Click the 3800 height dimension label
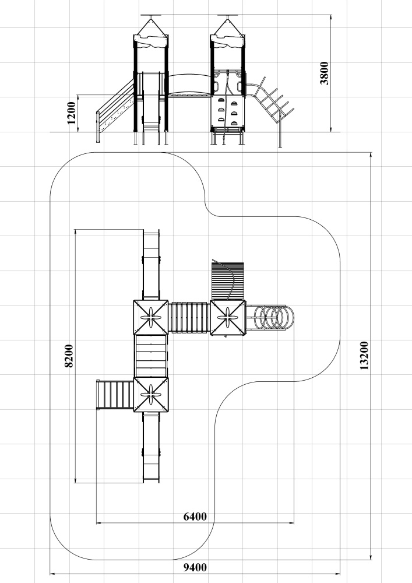(x=325, y=73)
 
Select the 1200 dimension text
(x=71, y=113)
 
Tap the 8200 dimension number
(x=69, y=356)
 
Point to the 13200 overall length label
(x=364, y=356)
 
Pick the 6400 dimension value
(x=195, y=517)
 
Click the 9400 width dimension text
(x=195, y=567)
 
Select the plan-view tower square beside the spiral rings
(x=228, y=318)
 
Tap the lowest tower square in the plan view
(x=151, y=395)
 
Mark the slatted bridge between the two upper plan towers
(x=189, y=317)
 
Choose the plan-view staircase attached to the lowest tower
(x=115, y=395)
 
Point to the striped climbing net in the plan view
(x=228, y=281)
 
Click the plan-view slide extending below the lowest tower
(x=151, y=448)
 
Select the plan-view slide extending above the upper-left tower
(x=151, y=265)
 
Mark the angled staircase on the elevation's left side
(x=115, y=108)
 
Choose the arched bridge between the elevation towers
(x=189, y=85)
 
